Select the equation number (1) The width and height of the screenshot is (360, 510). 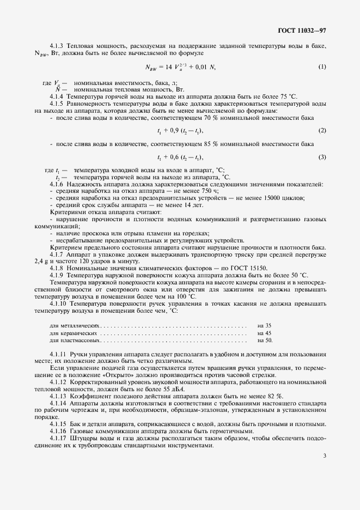322,68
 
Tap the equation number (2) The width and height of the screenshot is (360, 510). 322,131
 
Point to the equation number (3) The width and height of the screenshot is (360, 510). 322,157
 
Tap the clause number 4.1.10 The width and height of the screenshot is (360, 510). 59,303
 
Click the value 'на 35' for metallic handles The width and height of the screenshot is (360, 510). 264,325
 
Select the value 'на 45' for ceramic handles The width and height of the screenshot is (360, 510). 264,333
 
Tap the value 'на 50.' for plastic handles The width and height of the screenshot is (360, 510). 265,341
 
